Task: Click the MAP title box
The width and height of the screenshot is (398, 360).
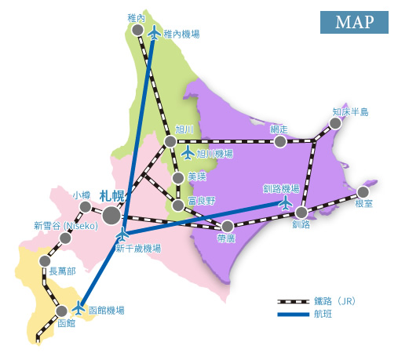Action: (x=354, y=22)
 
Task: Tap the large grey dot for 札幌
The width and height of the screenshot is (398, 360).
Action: (x=111, y=214)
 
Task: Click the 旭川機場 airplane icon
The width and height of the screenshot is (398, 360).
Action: (x=188, y=152)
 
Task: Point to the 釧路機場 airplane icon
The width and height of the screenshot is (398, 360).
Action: (x=285, y=202)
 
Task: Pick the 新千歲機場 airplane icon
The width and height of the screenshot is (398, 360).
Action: (x=122, y=235)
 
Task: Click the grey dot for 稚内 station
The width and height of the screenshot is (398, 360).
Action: (x=137, y=30)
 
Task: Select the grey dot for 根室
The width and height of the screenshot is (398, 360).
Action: (x=363, y=191)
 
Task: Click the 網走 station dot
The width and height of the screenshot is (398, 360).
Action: (x=279, y=141)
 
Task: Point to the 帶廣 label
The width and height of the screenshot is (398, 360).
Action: (x=227, y=238)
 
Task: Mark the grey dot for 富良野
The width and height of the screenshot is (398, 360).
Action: (x=178, y=205)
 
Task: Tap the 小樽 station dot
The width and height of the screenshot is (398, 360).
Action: (x=85, y=207)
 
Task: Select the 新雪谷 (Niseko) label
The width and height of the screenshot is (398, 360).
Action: (x=64, y=225)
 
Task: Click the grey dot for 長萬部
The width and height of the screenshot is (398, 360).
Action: (x=46, y=261)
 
